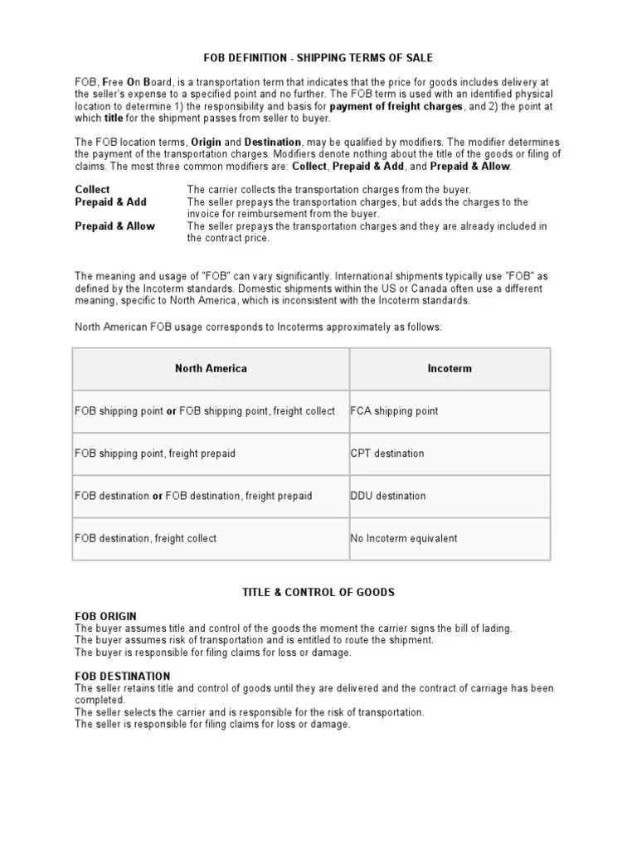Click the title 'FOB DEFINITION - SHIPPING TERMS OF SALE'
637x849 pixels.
pos(318,58)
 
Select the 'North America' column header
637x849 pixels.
pos(211,368)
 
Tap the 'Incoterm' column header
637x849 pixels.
pos(449,368)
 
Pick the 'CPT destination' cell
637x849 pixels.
pos(387,454)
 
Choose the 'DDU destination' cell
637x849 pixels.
pos(387,496)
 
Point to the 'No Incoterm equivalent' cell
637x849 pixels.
pos(404,538)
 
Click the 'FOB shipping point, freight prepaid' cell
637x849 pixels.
pos(155,454)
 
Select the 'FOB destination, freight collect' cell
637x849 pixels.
pos(145,538)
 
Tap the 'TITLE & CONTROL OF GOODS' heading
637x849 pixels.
pos(318,592)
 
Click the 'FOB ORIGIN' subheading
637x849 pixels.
pos(105,617)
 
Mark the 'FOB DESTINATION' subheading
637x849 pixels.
pos(122,677)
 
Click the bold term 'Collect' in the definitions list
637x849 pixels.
pos(92,190)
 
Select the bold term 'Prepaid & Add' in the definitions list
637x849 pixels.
pos(110,201)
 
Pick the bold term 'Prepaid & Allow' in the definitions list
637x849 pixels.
pos(114,226)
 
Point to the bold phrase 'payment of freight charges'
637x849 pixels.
pos(395,107)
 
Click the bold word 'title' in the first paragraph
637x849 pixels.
pos(113,119)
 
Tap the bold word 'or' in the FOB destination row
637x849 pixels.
pos(157,496)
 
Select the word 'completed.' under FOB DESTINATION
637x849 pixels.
pos(100,701)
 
